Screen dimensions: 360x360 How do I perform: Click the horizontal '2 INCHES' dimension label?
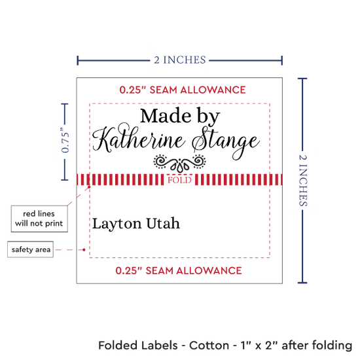point(180,60)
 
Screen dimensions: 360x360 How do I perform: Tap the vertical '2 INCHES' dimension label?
point(303,180)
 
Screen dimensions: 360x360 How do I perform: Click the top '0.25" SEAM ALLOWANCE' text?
point(183,90)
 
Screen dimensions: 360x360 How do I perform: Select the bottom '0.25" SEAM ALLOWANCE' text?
point(179,270)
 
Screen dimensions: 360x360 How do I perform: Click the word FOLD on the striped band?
point(179,180)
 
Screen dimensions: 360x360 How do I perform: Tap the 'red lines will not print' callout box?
point(39,219)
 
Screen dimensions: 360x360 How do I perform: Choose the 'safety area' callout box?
point(31,249)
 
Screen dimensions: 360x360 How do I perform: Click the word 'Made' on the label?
point(166,116)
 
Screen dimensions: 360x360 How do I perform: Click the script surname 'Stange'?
point(226,143)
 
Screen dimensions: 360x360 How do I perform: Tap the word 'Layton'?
point(117,224)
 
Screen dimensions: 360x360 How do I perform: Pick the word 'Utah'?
point(163,223)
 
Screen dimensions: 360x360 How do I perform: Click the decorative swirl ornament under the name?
point(179,163)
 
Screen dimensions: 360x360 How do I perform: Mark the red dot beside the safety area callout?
point(84,249)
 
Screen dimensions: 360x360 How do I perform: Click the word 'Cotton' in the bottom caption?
point(209,346)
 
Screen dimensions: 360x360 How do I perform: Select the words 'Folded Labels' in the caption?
point(138,346)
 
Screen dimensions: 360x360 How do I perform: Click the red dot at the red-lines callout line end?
point(89,187)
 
